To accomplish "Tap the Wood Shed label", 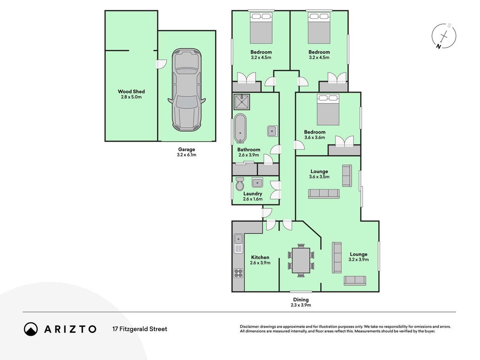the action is pyautogui.click(x=131, y=91).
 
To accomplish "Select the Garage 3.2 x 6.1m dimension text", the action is pyautogui.click(x=186, y=155).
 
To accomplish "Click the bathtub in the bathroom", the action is pyautogui.click(x=241, y=129).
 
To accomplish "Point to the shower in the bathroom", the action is pyautogui.click(x=242, y=102).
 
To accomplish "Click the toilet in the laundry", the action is pyautogui.click(x=240, y=184).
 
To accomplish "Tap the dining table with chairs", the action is pyautogui.click(x=301, y=260).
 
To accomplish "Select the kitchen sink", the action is pyautogui.click(x=238, y=239).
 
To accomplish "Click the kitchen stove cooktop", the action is pyautogui.click(x=238, y=273).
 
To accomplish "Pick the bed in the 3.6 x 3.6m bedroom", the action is pyautogui.click(x=328, y=110).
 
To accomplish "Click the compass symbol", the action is pyautogui.click(x=444, y=36).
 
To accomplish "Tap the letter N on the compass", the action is pyautogui.click(x=439, y=46).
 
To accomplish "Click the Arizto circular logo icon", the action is pyautogui.click(x=31, y=329).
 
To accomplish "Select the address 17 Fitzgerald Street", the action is pyautogui.click(x=140, y=329).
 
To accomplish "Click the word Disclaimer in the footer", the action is pyautogui.click(x=250, y=327).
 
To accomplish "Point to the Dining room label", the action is pyautogui.click(x=301, y=300).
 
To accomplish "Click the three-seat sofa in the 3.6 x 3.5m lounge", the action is pyautogui.click(x=324, y=194).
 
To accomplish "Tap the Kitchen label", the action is pyautogui.click(x=260, y=257).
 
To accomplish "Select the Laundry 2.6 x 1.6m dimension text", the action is pyautogui.click(x=253, y=199).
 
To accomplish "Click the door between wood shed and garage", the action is pyautogui.click(x=160, y=63).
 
